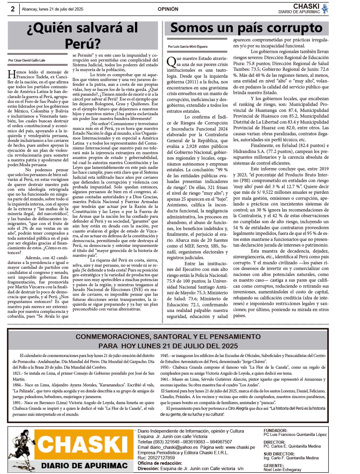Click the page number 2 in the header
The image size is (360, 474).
click(13, 9)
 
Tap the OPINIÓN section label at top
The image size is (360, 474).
click(168, 9)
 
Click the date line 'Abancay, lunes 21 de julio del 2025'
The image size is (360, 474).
click(52, 9)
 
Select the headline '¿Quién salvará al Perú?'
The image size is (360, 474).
click(82, 35)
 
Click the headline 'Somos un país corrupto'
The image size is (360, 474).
click(246, 28)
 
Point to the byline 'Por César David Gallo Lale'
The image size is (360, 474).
click(27, 60)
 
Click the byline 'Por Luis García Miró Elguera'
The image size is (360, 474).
click(187, 46)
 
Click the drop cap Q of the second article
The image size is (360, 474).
click(171, 61)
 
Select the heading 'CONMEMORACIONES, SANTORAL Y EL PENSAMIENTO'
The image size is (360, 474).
click(168, 337)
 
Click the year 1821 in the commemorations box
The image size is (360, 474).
click(16, 373)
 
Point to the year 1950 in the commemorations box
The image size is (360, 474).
click(164, 367)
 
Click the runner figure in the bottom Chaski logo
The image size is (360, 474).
click(23, 448)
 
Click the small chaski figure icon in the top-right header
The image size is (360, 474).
click(325, 9)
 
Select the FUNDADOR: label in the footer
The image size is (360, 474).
click(275, 430)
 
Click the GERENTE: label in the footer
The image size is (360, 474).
click(274, 466)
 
